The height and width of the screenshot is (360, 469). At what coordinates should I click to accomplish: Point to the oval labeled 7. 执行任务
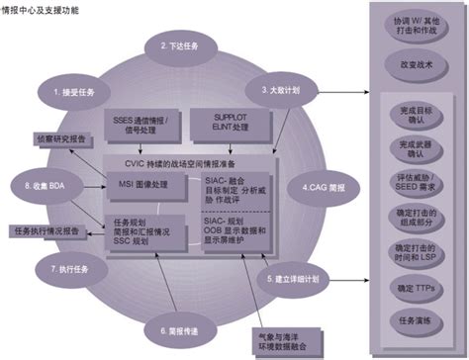pyautogui.click(x=66, y=269)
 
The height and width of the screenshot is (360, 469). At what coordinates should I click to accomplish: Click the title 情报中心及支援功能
pyautogui.click(x=42, y=9)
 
